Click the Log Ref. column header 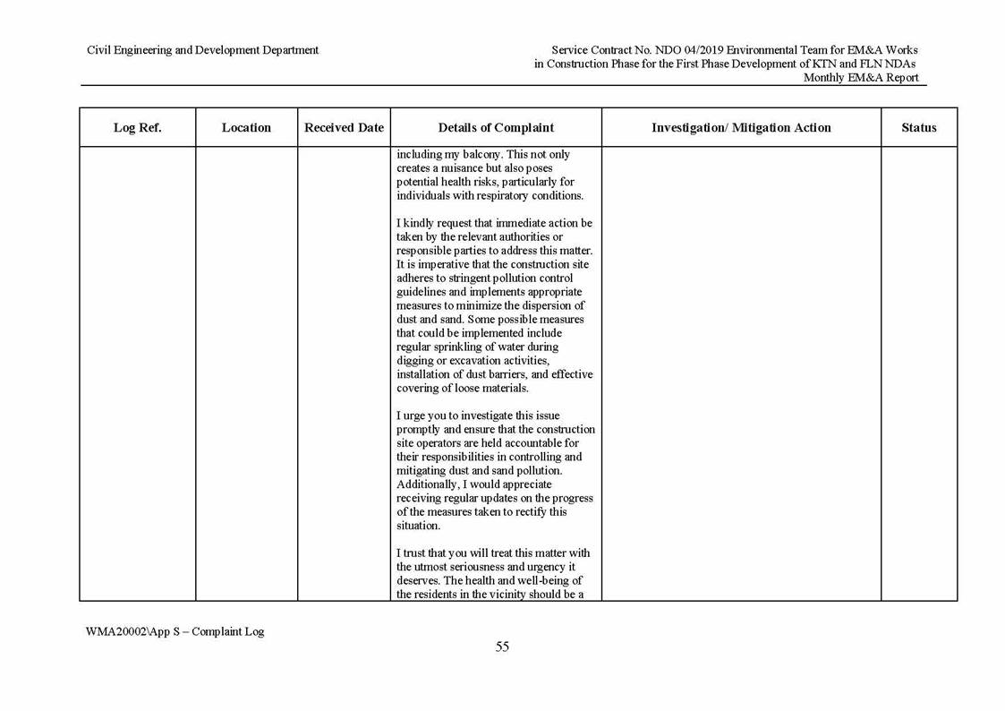tap(137, 128)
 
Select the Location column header tap(246, 128)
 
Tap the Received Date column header tap(344, 128)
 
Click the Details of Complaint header tap(496, 128)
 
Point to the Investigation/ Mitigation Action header tap(741, 128)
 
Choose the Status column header tap(918, 128)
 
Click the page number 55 tap(502, 647)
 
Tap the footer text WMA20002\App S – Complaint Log tap(175, 631)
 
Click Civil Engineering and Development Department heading tap(202, 50)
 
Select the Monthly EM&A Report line tap(860, 78)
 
